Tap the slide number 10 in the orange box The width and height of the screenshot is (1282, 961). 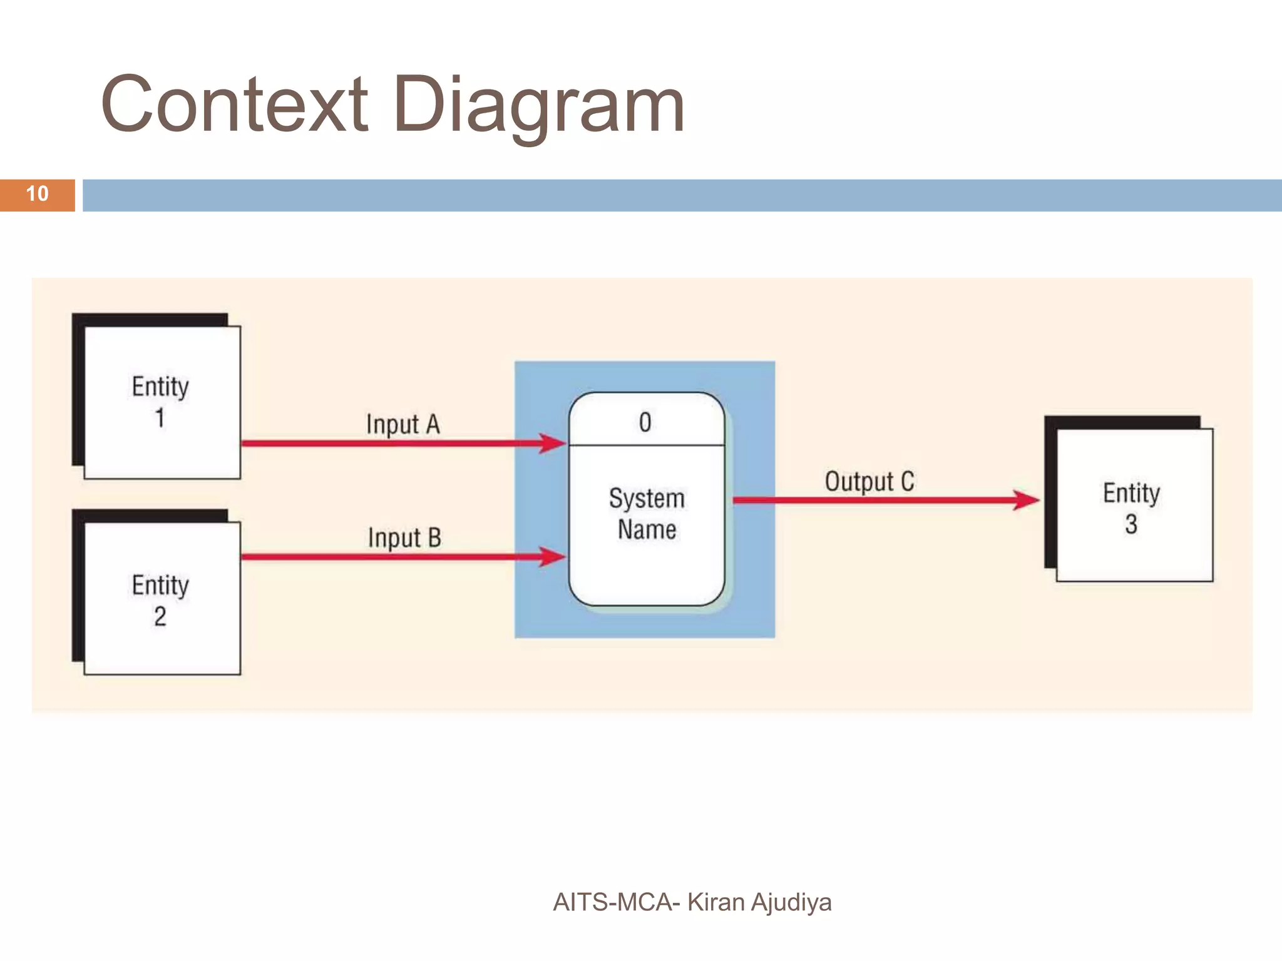[37, 194]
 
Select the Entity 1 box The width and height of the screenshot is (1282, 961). [162, 402]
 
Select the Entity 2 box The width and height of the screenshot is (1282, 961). [162, 599]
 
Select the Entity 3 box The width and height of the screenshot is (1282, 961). [1134, 506]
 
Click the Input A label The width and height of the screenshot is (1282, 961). [403, 424]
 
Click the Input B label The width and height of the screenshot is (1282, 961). [404, 537]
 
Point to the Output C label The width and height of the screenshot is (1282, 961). [869, 482]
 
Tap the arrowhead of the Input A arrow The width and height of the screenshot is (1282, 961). [554, 444]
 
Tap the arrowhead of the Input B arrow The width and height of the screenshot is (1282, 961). [554, 556]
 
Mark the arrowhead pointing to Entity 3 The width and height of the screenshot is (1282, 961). [1027, 500]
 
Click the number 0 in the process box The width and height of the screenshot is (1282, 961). [645, 422]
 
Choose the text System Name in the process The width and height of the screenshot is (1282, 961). [647, 514]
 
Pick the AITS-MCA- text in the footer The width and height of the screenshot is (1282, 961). [616, 902]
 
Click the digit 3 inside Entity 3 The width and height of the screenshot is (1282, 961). [1131, 524]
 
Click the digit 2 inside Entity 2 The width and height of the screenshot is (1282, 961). [160, 616]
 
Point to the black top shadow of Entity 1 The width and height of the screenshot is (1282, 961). [150, 320]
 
